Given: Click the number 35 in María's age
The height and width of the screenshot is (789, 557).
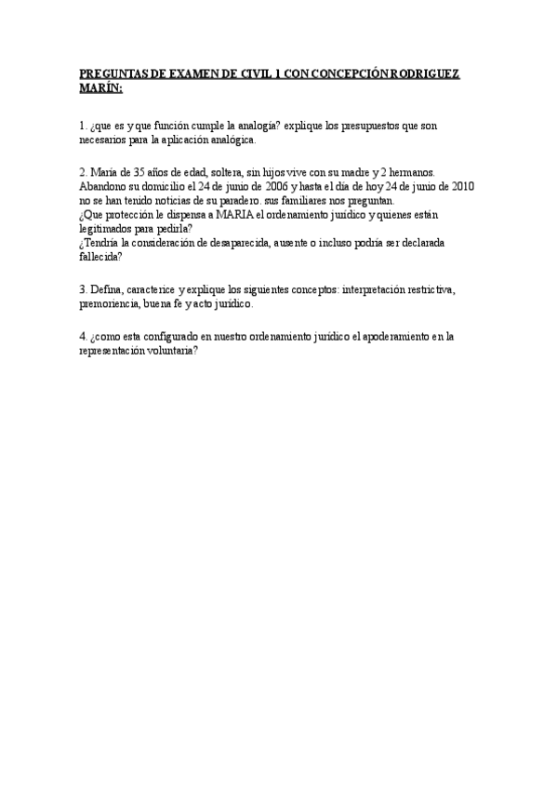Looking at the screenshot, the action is pyautogui.click(x=139, y=173).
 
